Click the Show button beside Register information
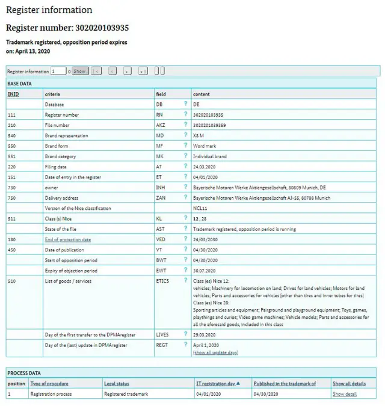click(x=80, y=71)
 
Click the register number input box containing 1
click(x=58, y=71)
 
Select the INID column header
click(x=13, y=94)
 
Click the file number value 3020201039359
click(x=209, y=125)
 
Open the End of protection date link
click(x=68, y=239)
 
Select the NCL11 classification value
click(x=200, y=208)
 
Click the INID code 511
click(x=12, y=219)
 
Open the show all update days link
click(x=215, y=352)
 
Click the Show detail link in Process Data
click(x=344, y=394)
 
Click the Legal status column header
click(x=116, y=383)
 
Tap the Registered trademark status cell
click(x=126, y=394)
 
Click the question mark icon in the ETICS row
click(x=186, y=280)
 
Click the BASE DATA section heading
click(x=20, y=84)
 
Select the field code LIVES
click(x=162, y=334)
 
